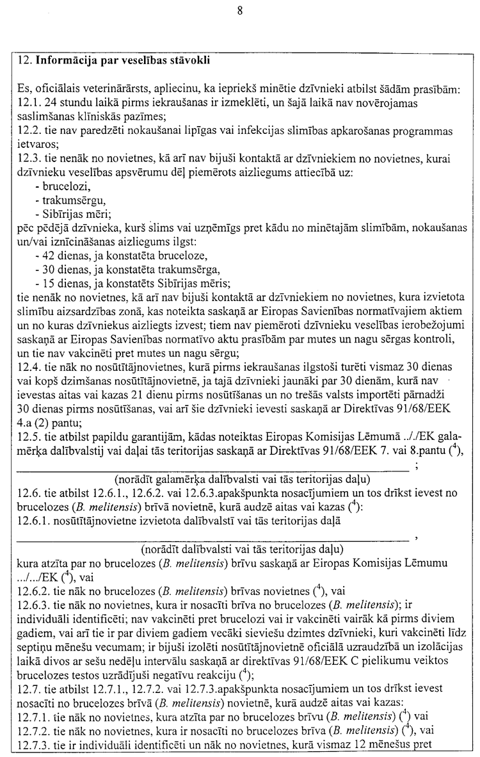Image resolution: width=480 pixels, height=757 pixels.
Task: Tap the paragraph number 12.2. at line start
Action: tap(29, 130)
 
